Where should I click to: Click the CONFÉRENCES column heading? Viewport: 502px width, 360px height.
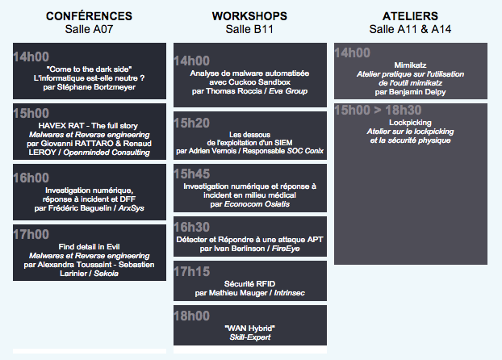click(89, 16)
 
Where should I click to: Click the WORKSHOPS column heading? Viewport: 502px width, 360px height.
click(249, 16)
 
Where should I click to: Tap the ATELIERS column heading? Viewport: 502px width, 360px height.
click(410, 16)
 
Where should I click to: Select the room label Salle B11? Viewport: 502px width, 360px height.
click(249, 29)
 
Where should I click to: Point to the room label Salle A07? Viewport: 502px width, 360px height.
click(89, 29)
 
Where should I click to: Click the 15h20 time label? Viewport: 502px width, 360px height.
click(191, 123)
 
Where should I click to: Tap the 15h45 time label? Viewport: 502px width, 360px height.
click(191, 174)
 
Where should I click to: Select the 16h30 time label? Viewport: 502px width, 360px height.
click(191, 227)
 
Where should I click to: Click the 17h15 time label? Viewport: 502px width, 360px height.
click(191, 271)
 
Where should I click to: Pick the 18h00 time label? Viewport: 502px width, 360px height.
click(191, 316)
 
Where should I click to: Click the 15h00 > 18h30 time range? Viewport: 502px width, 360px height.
click(378, 110)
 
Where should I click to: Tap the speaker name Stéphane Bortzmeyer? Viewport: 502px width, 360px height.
click(96, 87)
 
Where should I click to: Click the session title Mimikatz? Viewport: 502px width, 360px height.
click(410, 65)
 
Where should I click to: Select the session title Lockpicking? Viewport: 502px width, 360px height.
click(410, 123)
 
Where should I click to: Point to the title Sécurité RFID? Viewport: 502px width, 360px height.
click(249, 284)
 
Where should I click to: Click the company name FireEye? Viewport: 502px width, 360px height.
click(286, 249)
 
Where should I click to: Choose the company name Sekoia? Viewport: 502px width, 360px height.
click(106, 274)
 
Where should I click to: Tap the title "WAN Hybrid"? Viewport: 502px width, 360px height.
click(249, 329)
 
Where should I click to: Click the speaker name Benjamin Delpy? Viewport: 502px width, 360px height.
click(417, 92)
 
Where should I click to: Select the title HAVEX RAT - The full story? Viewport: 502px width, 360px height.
click(88, 126)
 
